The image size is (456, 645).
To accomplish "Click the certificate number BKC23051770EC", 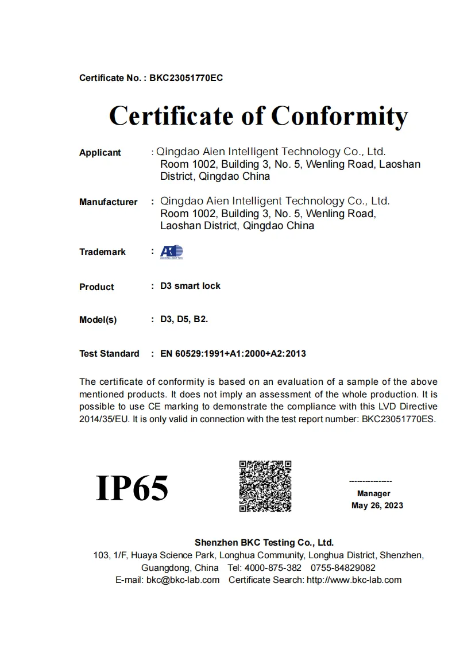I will (x=186, y=78).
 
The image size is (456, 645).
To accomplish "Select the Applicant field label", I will (x=100, y=153).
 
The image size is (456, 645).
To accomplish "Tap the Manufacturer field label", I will (x=108, y=202).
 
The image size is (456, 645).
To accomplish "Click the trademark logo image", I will (x=171, y=252).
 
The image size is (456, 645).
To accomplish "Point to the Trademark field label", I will (x=102, y=252).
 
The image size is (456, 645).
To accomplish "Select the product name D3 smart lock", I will (x=190, y=286).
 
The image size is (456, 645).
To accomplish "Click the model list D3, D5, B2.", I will (x=184, y=319).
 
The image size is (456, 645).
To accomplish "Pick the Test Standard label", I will (x=109, y=354).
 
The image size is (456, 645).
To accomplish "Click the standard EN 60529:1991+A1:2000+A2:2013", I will (x=233, y=354).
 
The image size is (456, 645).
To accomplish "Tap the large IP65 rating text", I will (x=132, y=488).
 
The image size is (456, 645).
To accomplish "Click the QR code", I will (x=265, y=486).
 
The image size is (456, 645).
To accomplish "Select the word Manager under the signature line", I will (x=373, y=493).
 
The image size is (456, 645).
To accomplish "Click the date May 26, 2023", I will (x=377, y=506).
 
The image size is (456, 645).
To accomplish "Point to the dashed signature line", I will (x=370, y=481).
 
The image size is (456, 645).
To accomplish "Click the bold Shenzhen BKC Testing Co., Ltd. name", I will (x=264, y=542).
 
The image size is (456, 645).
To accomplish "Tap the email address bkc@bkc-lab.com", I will (x=183, y=580).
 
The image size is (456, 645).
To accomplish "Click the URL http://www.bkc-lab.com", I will (x=354, y=580).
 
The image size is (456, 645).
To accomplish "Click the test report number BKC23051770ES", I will (x=398, y=419).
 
